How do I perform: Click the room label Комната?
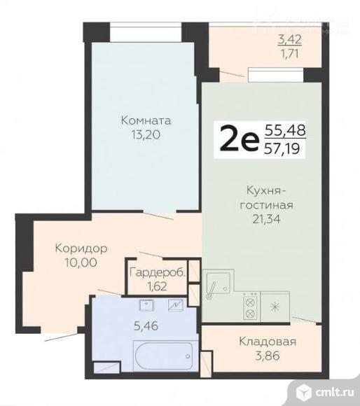pos(144,120)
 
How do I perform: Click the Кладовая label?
pos(268,342)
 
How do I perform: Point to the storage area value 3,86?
pos(268,356)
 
